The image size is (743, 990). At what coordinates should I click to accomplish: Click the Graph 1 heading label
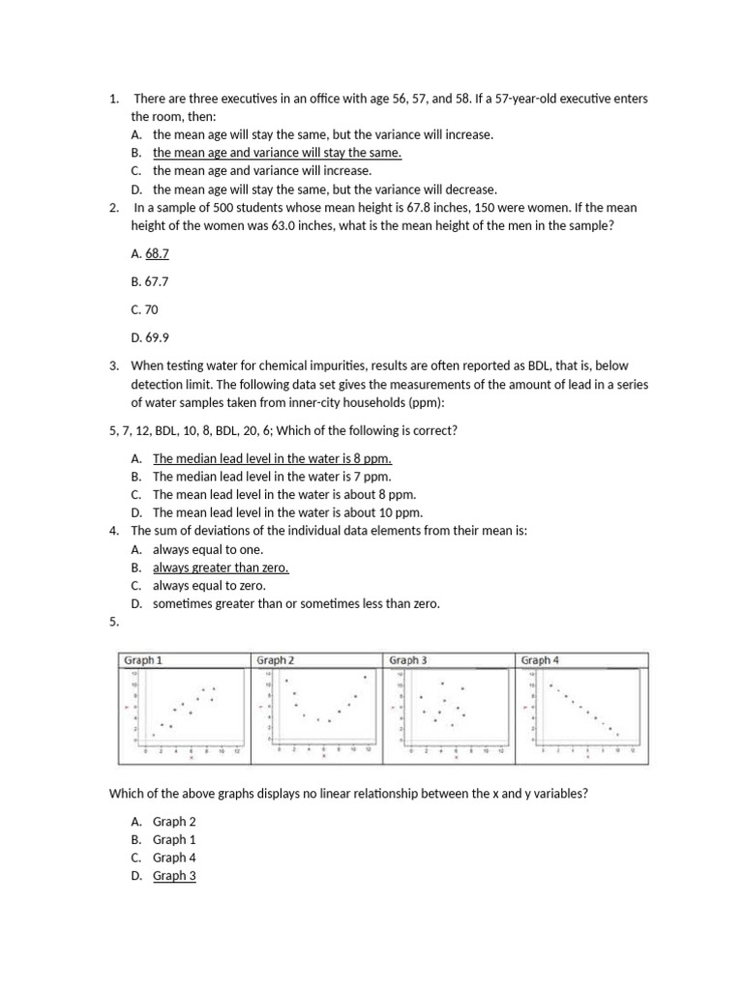(143, 659)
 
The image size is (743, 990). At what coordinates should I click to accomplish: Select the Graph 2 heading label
(276, 659)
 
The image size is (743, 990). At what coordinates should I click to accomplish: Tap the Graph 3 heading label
(407, 659)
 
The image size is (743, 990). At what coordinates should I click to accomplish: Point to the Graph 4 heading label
(540, 659)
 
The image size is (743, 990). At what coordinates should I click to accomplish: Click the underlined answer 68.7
(158, 253)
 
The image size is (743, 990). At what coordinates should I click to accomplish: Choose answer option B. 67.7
(143, 281)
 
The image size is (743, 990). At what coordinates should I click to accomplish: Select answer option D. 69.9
(143, 337)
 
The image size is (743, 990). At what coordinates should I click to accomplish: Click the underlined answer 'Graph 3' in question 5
(174, 876)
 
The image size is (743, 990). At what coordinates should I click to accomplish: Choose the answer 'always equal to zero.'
(209, 586)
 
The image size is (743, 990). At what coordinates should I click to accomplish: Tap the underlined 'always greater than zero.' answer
(221, 568)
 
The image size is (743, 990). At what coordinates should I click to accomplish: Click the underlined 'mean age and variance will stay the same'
(277, 153)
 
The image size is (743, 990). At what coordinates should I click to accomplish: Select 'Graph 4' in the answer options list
(174, 858)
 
